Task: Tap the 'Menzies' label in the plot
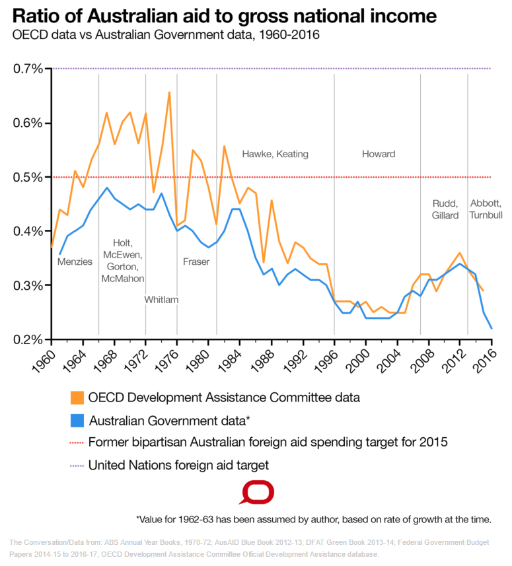(75, 262)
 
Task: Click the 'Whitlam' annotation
(161, 299)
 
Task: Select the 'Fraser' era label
(196, 262)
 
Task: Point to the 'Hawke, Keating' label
(275, 154)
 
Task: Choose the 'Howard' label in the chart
(379, 154)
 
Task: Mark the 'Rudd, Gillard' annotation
(445, 209)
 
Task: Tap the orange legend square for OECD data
(77, 398)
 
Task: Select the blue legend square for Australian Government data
(77, 420)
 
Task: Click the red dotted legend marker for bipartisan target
(77, 442)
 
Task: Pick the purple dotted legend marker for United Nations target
(77, 465)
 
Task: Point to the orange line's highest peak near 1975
(169, 92)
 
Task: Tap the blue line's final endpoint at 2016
(492, 328)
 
